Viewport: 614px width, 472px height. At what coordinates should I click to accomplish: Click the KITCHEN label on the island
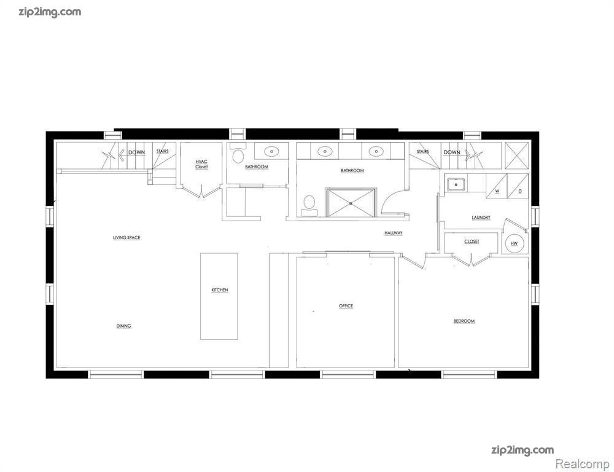(220, 290)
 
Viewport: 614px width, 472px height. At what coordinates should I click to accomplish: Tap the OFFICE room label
(346, 306)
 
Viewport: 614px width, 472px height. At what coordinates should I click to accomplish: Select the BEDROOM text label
(464, 321)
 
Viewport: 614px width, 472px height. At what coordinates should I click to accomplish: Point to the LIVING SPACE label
(126, 238)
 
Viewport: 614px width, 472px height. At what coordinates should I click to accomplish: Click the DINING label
(124, 326)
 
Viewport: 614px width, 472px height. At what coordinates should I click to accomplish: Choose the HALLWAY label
(394, 233)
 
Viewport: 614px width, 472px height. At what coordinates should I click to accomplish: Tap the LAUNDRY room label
(481, 218)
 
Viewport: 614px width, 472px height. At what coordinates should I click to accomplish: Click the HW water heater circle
(514, 243)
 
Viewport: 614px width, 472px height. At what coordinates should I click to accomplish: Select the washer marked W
(497, 186)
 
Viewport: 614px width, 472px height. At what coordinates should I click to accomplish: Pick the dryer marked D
(518, 186)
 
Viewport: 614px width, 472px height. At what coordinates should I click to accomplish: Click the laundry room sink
(456, 184)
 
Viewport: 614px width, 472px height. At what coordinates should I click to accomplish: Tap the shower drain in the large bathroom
(351, 203)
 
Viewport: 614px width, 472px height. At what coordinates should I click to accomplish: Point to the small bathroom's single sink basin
(270, 151)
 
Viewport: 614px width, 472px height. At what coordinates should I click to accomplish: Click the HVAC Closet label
(201, 164)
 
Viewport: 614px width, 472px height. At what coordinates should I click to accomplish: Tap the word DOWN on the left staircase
(137, 152)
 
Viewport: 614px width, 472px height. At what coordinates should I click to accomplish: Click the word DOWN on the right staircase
(452, 152)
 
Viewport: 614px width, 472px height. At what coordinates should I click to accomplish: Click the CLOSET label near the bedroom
(472, 242)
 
